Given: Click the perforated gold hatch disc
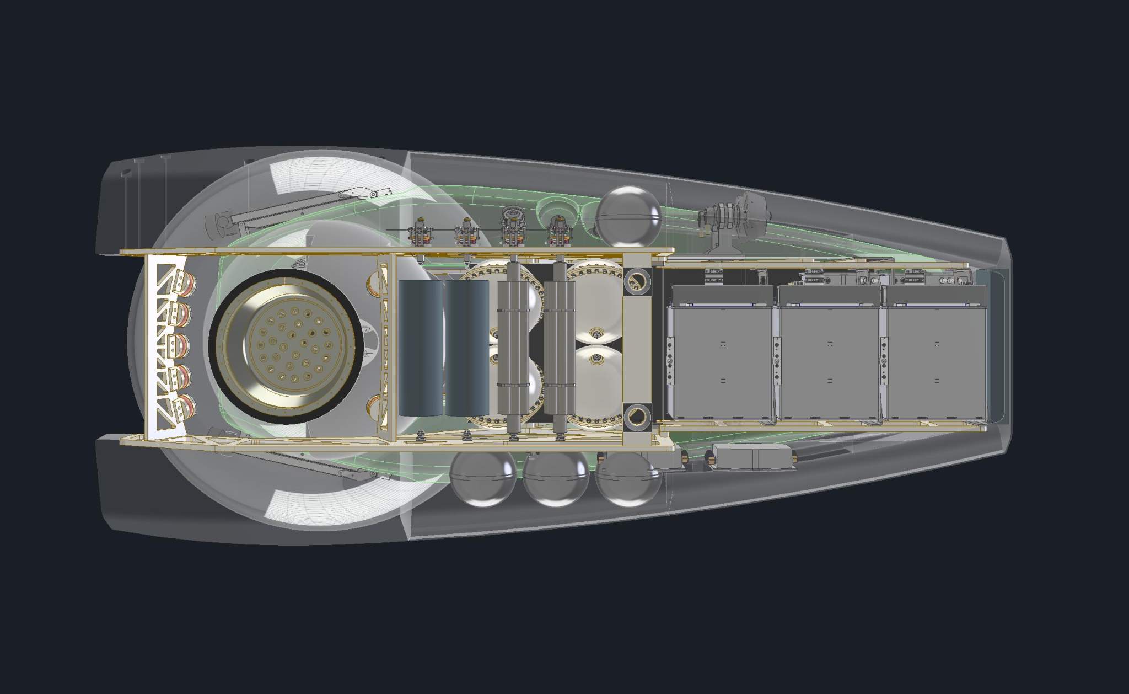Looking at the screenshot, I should tap(286, 346).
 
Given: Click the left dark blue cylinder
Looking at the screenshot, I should tap(420, 348).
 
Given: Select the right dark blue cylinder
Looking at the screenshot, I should tap(466, 348).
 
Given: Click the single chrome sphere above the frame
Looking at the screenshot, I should tap(630, 216).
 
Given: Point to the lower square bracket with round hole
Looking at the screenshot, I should tap(637, 417).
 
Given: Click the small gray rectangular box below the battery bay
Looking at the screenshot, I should tap(752, 457).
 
